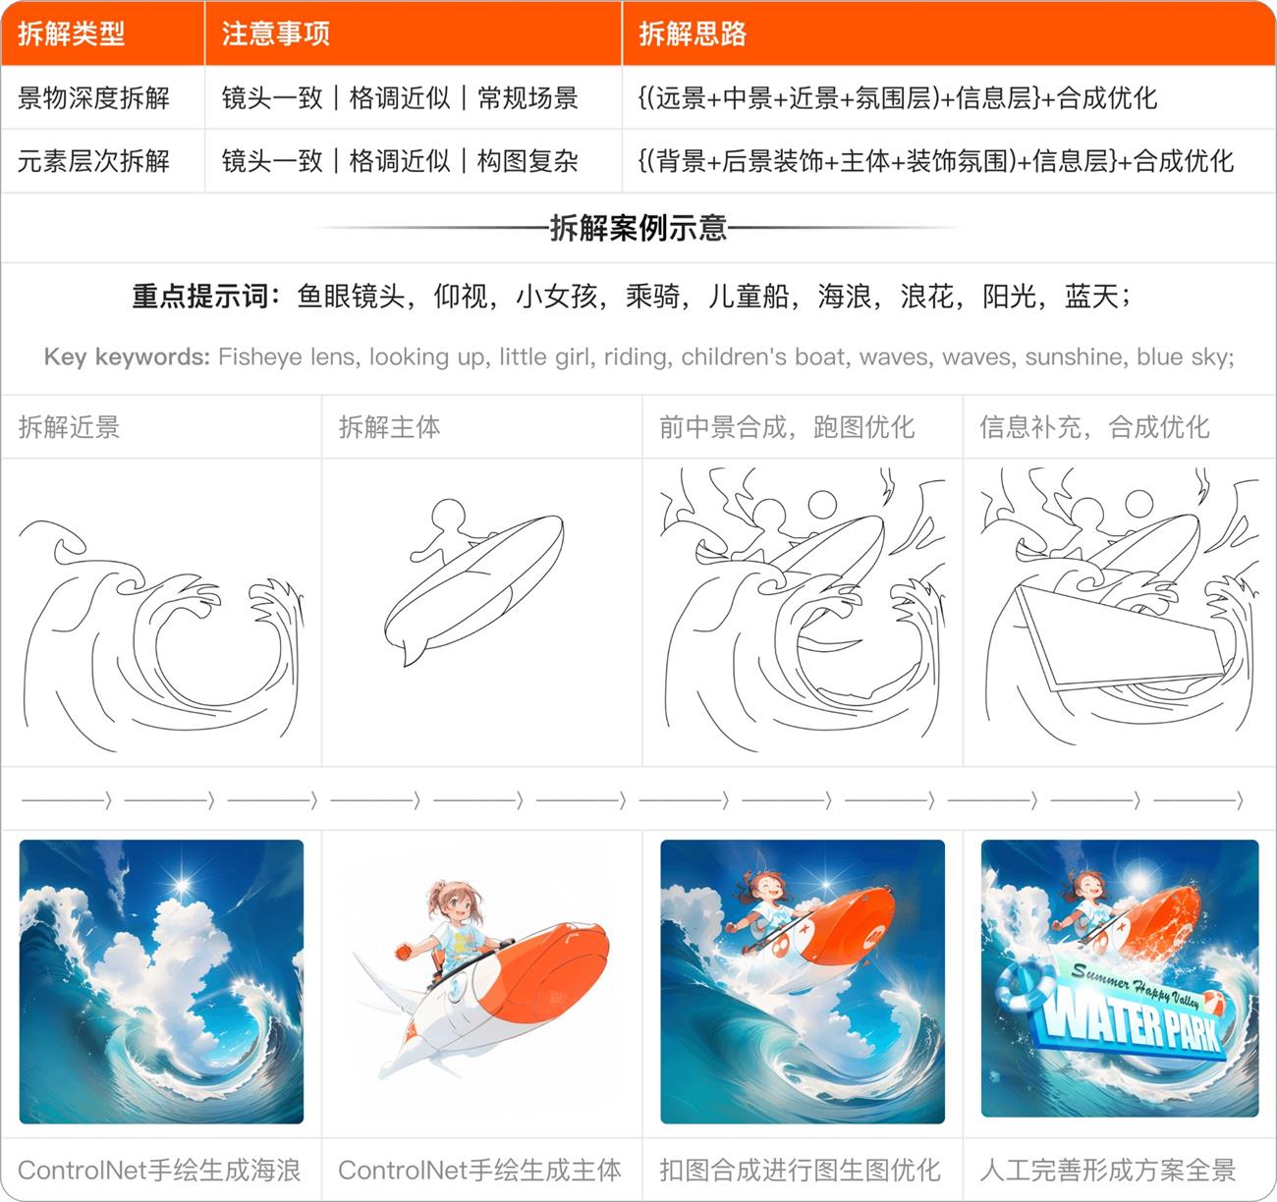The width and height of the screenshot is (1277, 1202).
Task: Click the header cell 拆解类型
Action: [x=71, y=34]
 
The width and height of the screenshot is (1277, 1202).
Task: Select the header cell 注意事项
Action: [x=275, y=34]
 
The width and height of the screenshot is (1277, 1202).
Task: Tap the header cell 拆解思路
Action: [x=693, y=34]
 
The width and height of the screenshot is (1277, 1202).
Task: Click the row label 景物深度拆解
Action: [x=93, y=98]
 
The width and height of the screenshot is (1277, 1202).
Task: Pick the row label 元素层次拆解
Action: [x=93, y=161]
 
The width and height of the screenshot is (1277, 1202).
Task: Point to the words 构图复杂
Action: [x=527, y=161]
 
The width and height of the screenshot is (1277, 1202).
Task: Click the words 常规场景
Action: [x=527, y=98]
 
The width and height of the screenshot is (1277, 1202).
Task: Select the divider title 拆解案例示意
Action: [x=638, y=228]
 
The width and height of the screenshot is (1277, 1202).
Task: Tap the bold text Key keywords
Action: [x=127, y=356]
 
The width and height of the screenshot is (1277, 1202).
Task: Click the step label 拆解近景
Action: [x=69, y=427]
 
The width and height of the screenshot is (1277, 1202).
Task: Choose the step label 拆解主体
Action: [x=389, y=427]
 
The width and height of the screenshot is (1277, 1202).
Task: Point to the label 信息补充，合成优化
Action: [x=1094, y=427]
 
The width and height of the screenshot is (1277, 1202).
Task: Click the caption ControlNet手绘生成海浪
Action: [x=159, y=1171]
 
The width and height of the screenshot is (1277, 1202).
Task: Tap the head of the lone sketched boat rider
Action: [x=449, y=517]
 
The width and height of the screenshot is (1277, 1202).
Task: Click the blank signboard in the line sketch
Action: [x=1120, y=638]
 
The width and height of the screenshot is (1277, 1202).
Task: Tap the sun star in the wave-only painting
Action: [x=182, y=887]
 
